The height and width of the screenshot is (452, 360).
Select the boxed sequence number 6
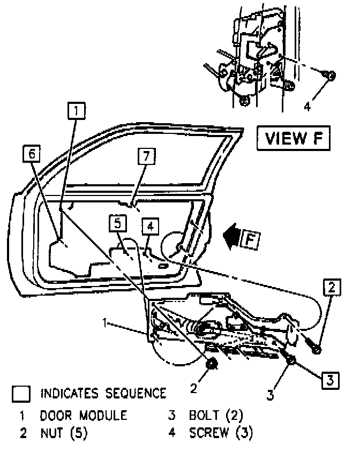tap(32, 154)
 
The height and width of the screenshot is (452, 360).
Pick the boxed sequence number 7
tap(145, 156)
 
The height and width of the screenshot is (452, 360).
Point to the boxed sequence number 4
tap(151, 227)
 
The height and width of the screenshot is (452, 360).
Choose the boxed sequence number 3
tap(331, 380)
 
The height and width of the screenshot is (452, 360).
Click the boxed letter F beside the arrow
tap(249, 239)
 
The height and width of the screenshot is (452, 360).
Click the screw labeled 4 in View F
tap(331, 76)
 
